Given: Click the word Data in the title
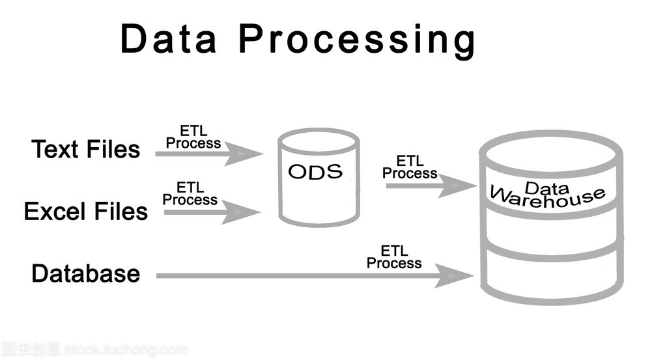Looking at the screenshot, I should (x=168, y=39).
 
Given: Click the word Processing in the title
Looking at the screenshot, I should (x=357, y=41).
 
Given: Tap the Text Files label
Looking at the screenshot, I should (x=85, y=150).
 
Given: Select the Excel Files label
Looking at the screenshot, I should (x=85, y=212).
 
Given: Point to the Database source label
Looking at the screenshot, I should (x=85, y=273).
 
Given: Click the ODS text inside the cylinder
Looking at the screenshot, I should (x=315, y=172).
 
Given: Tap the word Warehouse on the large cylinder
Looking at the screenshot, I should (x=547, y=196).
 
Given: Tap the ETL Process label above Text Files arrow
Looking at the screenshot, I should (x=193, y=137).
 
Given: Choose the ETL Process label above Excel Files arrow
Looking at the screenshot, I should (x=190, y=194).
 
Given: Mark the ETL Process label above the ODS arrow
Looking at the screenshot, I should (x=409, y=167).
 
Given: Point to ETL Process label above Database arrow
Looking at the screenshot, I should (x=393, y=257).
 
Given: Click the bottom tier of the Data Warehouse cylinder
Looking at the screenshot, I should (x=551, y=277).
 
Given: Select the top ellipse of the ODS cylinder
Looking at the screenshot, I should (x=319, y=140).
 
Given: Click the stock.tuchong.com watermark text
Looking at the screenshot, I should (x=126, y=349).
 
